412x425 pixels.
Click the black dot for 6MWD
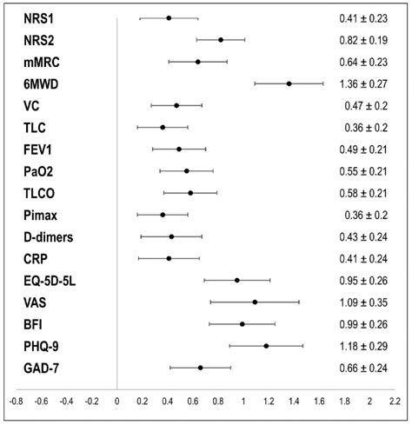coord(289,83)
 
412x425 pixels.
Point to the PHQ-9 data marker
coord(266,346)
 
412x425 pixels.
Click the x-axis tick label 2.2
coord(395,402)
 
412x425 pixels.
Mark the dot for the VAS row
coord(255,302)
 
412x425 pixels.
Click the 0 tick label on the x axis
coord(117,402)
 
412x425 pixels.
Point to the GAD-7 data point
coord(201,368)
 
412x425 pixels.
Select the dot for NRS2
coord(221,40)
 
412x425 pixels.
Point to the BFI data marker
coord(243,324)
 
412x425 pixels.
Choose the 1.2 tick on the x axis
coord(269,402)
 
